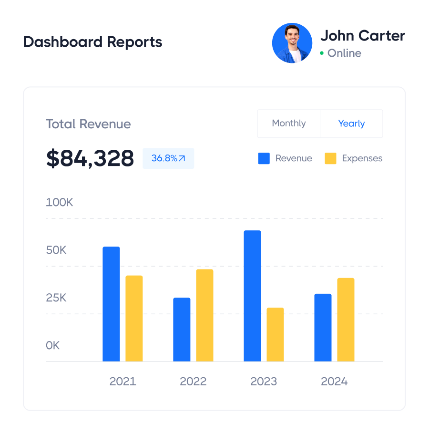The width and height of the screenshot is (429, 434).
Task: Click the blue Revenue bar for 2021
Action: point(111,304)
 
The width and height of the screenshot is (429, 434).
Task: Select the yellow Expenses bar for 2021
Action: point(134,318)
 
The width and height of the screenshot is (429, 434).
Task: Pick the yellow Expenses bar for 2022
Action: point(204,315)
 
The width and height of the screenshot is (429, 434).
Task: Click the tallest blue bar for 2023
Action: point(252,296)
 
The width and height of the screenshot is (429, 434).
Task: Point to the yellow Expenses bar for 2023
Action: point(275,334)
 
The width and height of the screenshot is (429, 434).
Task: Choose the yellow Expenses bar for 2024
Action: point(346,320)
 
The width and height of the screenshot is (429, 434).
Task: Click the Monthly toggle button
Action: point(289,124)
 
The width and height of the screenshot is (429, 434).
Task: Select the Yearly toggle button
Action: point(351,124)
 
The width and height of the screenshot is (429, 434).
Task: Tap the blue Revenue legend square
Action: point(264,158)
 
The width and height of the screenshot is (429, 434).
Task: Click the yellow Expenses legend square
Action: point(330,158)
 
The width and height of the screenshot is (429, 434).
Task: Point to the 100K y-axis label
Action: point(60,202)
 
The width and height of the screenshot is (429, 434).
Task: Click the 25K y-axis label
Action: point(56,298)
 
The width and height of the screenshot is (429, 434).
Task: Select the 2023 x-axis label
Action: point(264,382)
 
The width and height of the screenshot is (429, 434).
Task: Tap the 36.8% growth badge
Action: point(168,158)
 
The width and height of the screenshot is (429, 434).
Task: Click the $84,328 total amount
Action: point(90,158)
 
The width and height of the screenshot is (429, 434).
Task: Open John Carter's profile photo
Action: point(292,43)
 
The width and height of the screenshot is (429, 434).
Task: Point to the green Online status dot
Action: point(322,53)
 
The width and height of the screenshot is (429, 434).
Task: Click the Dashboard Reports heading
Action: point(92,42)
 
